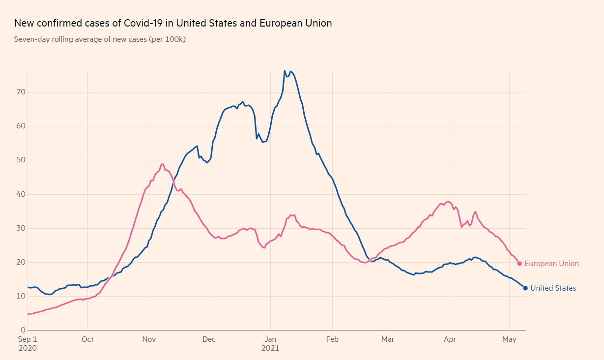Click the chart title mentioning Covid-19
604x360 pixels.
[173, 23]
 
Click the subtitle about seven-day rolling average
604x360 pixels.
[100, 39]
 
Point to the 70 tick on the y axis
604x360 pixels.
[21, 92]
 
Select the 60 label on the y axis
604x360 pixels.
[21, 126]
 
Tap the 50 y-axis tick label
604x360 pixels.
[21, 160]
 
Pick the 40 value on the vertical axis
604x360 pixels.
[21, 194]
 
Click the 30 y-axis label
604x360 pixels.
[21, 228]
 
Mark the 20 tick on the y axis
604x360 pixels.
[21, 262]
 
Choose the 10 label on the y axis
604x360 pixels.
[21, 296]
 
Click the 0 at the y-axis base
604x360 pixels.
[23, 330]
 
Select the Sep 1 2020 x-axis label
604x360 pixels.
[28, 343]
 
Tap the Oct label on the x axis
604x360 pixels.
[87, 339]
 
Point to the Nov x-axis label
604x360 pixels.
[149, 339]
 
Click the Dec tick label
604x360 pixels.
[209, 339]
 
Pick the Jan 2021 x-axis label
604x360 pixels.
[270, 343]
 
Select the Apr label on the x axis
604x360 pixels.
[450, 339]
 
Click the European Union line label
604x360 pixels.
[551, 264]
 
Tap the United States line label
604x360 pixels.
[553, 288]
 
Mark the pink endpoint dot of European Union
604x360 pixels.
[519, 264]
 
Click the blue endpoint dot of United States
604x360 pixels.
[525, 288]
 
